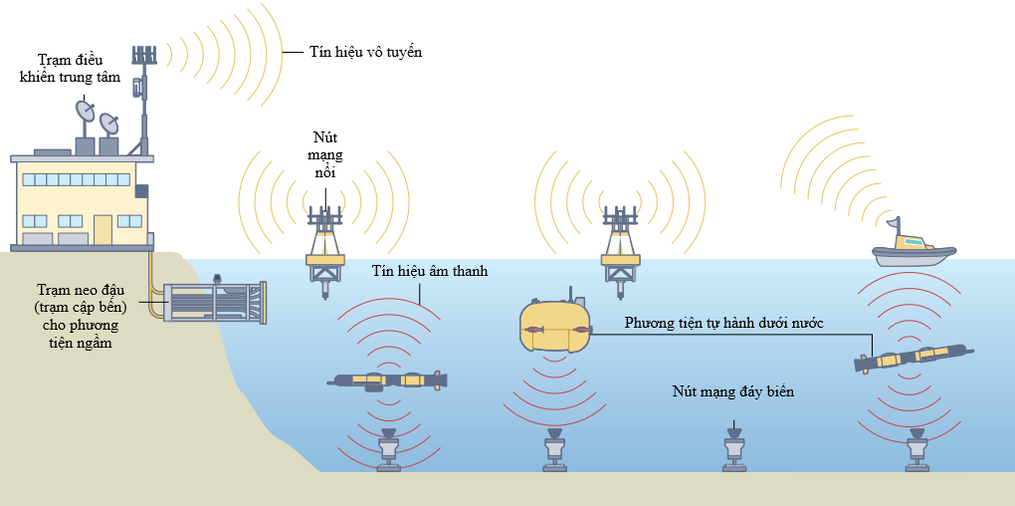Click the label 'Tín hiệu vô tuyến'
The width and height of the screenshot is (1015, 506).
[366, 53]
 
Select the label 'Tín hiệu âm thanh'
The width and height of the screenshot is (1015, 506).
[430, 272]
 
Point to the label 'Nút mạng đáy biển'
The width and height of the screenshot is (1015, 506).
[732, 392]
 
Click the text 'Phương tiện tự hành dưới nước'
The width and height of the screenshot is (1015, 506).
[724, 323]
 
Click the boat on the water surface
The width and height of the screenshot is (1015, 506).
[913, 249]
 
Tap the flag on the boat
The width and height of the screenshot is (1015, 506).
[893, 223]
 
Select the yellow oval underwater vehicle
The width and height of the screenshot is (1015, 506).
[554, 326]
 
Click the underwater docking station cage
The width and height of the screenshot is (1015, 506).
[215, 301]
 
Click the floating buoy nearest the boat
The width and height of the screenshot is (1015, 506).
[621, 251]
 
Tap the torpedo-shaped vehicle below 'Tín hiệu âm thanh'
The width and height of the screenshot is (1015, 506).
[387, 380]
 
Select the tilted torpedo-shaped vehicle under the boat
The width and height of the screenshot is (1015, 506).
[913, 359]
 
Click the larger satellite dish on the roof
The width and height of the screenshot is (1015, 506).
[86, 112]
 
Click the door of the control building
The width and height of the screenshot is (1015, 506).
[102, 229]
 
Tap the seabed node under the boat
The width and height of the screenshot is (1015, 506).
[915, 450]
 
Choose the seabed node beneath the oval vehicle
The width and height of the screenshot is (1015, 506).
[555, 450]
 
